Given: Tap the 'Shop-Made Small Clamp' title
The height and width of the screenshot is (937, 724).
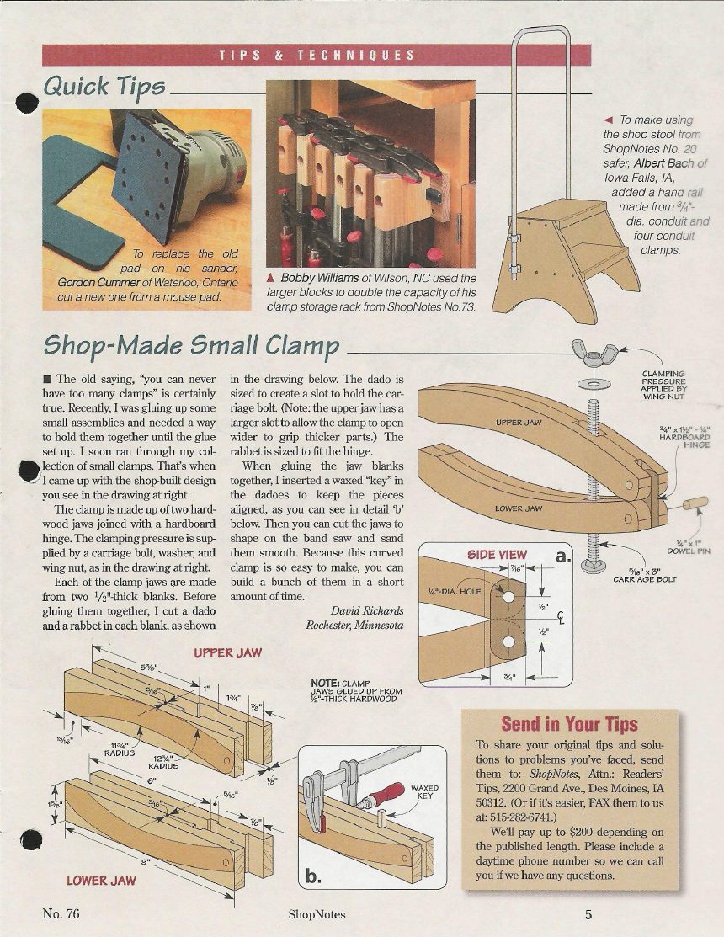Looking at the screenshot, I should click(x=192, y=345).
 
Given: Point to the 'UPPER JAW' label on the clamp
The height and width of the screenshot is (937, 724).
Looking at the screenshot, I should click(x=518, y=422).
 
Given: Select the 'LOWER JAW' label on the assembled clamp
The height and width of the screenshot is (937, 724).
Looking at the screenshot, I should click(x=518, y=508).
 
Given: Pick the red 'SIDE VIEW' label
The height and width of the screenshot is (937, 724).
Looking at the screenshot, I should click(x=497, y=555).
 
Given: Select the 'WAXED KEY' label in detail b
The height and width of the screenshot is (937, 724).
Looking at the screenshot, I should click(x=424, y=792).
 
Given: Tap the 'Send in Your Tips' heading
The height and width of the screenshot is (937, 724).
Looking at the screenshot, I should click(x=570, y=724).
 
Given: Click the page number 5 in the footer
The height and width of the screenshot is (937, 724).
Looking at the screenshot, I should click(x=588, y=914).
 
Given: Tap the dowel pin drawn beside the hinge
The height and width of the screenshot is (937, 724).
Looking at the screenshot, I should click(x=695, y=506).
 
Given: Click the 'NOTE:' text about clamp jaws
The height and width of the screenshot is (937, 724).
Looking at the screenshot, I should click(x=324, y=683).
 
